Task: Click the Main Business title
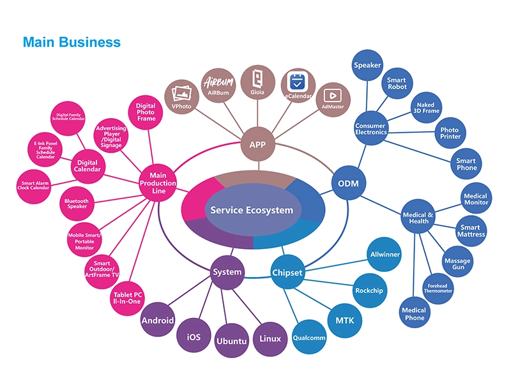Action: pos(72,42)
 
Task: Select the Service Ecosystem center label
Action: pos(252,210)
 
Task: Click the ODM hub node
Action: pos(348,184)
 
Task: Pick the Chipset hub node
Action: pos(287,273)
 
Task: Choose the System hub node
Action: pos(227,272)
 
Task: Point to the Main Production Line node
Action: pos(158,183)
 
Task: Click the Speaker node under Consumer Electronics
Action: pos(367,65)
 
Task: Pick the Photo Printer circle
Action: pos(450,133)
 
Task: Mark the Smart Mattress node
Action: pos(473,230)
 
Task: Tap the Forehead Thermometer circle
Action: pos(438,288)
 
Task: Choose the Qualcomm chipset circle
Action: pos(309,338)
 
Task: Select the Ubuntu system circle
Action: pos(231,341)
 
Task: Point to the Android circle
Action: pos(158,320)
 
